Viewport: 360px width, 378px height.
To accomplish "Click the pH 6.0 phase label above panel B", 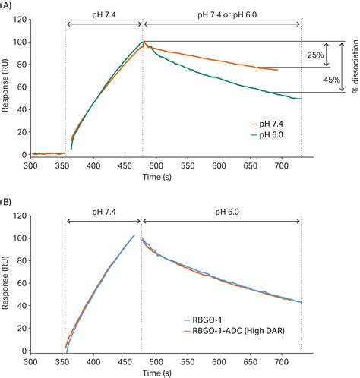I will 221,210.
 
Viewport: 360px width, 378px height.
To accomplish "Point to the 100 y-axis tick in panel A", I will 21,43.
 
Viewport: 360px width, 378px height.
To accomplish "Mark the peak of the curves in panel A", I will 142,42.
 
